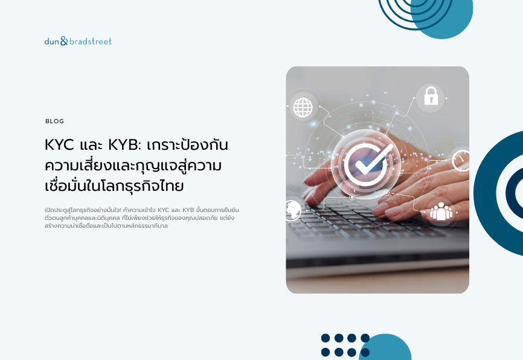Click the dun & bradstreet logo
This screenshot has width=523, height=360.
pos(78,41)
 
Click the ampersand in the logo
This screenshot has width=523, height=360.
pos(64,41)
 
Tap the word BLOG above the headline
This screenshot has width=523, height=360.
pos(55,121)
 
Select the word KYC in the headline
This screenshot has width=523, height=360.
pos(59,145)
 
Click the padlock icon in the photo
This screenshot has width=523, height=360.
pos(431,96)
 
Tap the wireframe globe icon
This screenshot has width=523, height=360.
pos(303,108)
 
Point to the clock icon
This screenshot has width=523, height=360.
pos(461,161)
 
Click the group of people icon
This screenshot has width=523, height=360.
pos(441,211)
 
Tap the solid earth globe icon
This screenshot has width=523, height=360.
pos(293,210)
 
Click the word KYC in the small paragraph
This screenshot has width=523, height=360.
pos(164,210)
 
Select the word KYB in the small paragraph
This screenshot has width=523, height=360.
pos(188,210)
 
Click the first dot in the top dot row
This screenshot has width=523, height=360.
pos(326,338)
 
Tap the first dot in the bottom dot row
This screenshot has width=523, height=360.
pos(326,352)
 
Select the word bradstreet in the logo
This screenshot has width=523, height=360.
pos(91,41)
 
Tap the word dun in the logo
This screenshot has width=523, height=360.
pos(52,41)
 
